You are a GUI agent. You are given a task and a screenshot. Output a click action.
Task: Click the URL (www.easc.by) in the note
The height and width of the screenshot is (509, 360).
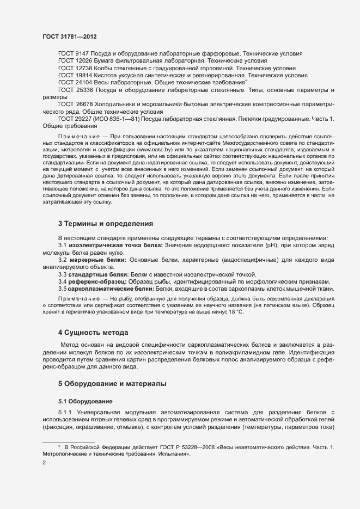pos(155,149)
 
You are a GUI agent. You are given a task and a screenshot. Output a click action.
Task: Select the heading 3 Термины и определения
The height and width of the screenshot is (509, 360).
pos(106,224)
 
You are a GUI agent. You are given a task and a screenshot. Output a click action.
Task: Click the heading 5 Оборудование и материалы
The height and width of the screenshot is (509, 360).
pos(113,383)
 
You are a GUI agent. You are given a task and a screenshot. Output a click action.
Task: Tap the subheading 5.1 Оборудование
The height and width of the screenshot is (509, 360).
pos(82,401)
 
